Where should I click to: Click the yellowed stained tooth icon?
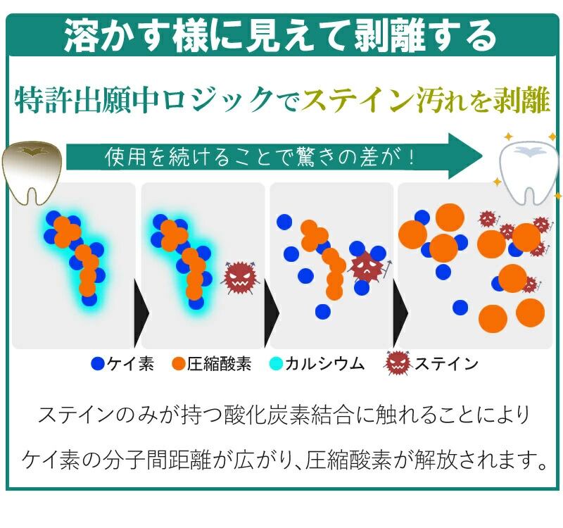(x=32, y=172)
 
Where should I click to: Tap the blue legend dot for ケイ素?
(x=99, y=364)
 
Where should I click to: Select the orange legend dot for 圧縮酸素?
(x=179, y=364)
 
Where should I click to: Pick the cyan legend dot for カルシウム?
(x=276, y=364)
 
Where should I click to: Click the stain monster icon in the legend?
(x=398, y=363)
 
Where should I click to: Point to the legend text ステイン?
(x=446, y=364)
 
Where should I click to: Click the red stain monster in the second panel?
(x=240, y=275)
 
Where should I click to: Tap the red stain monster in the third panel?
(x=367, y=267)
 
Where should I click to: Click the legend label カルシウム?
(x=324, y=364)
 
